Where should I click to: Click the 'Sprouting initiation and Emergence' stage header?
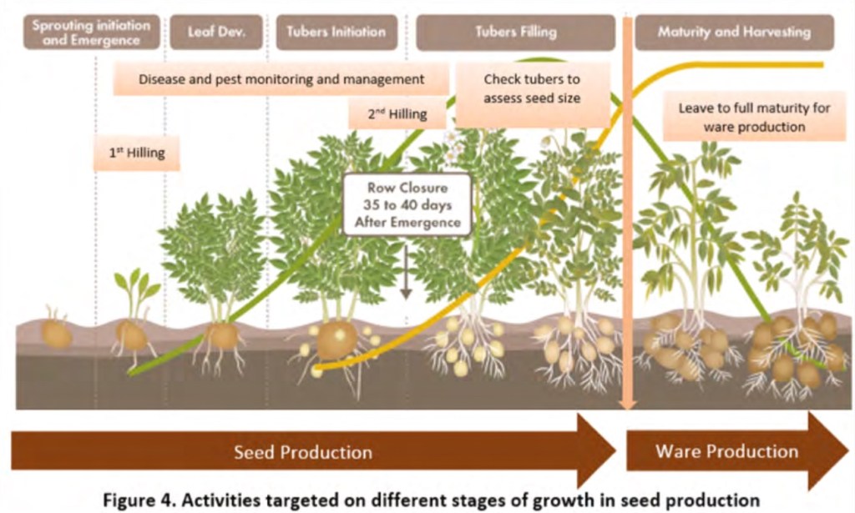click(92, 33)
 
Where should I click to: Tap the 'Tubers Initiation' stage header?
click(336, 33)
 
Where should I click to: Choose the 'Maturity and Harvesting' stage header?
click(734, 33)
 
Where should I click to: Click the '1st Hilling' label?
click(136, 153)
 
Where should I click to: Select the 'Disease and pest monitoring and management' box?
click(281, 79)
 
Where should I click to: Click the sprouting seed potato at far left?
click(56, 331)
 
